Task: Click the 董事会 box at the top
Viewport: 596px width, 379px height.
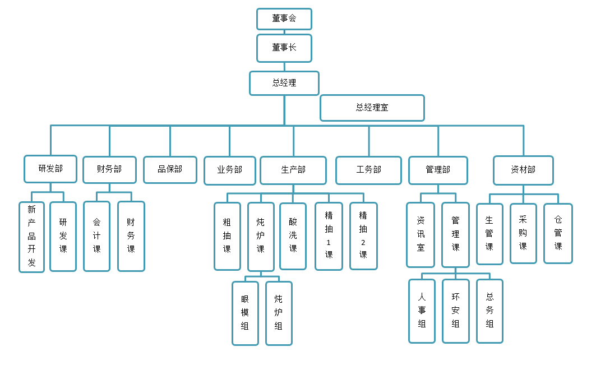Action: pos(284,19)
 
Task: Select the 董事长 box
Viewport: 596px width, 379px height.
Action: pos(284,48)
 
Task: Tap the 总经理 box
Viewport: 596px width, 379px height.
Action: pos(284,83)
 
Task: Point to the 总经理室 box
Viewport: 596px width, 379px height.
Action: pos(372,108)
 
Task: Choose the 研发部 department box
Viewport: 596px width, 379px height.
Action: pos(50,169)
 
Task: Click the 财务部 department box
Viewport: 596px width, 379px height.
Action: pos(109,169)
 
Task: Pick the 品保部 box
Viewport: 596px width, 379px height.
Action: pos(170,169)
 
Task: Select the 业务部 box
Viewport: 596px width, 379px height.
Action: pos(230,170)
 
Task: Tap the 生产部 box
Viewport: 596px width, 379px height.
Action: pos(293,170)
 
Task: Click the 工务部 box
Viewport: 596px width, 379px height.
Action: pos(368,170)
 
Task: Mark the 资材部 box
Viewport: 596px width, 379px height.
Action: pos(523,170)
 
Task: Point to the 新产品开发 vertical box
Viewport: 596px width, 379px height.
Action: pos(31,237)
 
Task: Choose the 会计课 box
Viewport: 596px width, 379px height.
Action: pos(97,236)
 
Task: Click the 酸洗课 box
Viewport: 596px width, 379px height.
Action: pos(293,236)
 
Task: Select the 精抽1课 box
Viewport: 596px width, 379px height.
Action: pos(329,236)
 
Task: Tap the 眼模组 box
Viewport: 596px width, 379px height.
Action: pos(245,313)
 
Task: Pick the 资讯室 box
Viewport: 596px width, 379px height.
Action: pos(421,234)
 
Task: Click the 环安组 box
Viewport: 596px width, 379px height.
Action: pos(455,311)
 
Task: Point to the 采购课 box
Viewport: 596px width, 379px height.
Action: pos(523,233)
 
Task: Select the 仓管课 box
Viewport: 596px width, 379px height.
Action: pos(558,233)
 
